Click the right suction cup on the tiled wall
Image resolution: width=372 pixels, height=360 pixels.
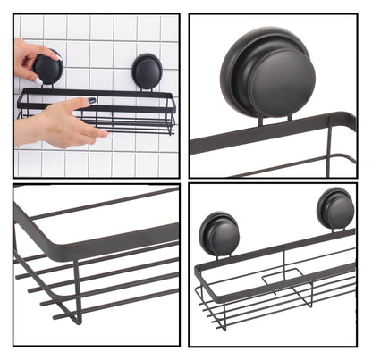point(147,70)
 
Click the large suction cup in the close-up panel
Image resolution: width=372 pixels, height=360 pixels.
point(268,71)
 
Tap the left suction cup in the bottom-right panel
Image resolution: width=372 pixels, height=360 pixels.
point(218,234)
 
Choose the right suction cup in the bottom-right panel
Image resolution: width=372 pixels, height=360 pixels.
point(335,210)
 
